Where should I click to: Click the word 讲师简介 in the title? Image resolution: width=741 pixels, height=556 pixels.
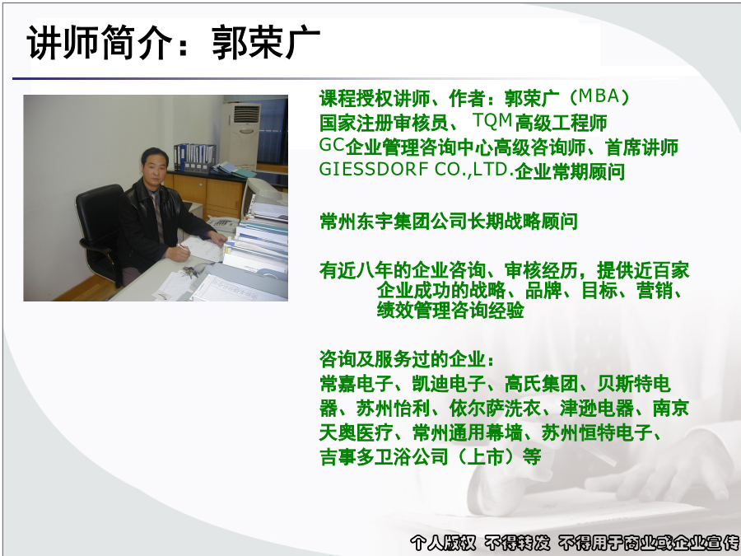(x=100, y=43)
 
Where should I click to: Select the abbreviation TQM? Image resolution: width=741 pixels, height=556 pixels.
(x=492, y=120)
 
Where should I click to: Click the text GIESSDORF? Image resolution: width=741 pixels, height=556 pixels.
(x=374, y=169)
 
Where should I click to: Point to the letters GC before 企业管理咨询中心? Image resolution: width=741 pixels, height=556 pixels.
(x=332, y=145)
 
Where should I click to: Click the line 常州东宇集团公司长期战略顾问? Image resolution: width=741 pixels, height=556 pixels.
(x=449, y=221)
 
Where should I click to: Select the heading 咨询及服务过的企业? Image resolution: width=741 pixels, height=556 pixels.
(x=403, y=359)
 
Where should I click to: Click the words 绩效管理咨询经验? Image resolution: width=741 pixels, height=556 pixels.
(x=450, y=311)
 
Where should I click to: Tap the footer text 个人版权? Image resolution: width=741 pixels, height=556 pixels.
(x=442, y=543)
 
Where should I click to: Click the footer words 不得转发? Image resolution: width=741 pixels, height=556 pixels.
(x=517, y=543)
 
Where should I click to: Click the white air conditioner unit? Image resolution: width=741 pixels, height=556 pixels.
(x=240, y=135)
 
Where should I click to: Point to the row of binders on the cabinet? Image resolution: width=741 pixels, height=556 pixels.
(x=194, y=157)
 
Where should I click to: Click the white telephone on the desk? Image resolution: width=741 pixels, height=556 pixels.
(x=222, y=222)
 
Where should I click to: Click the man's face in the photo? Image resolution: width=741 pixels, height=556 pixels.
(x=155, y=165)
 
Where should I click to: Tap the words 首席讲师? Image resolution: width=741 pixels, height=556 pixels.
(x=641, y=147)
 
